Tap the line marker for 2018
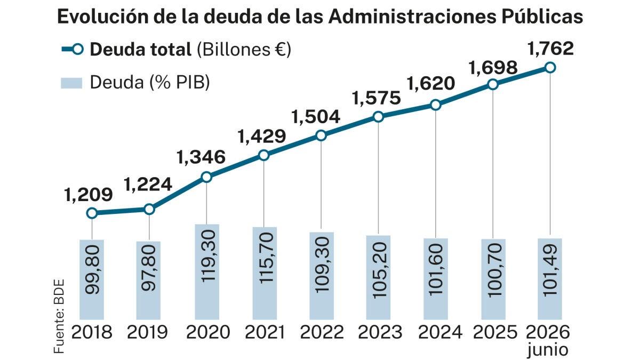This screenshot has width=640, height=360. coord(92,213)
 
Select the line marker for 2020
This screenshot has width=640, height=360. coord(206,177)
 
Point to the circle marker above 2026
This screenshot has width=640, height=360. coord(550,68)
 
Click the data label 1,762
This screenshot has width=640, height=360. coord(550,49)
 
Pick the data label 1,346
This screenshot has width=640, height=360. coord(201,157)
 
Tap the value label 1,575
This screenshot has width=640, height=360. coord(377,98)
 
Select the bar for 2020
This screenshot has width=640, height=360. coord(207,271)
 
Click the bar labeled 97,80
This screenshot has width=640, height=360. coord(148,281)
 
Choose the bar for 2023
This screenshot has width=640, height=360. coord(378,277)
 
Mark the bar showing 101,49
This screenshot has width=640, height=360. coord(550,279)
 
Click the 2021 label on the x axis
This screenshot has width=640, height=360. coord(265,332)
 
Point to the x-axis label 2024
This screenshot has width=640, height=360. coord(440,332)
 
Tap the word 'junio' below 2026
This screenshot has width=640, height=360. coord(547,350)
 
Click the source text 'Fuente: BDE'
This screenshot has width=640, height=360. coord(59,316)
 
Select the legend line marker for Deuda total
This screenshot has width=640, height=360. coord(73,50)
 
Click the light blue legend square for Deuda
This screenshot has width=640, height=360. coord(71,83)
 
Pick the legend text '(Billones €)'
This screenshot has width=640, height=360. coord(244,50)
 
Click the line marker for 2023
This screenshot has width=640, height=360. coord(378,117)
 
